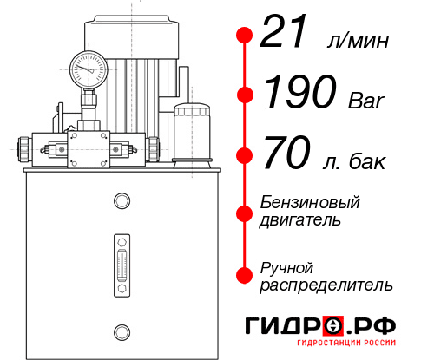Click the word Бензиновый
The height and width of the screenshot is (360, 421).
(310, 202)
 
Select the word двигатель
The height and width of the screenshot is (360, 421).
(300, 220)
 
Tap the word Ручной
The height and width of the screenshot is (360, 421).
(286, 266)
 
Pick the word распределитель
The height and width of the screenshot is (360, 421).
(326, 285)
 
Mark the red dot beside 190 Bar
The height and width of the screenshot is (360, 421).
(245, 94)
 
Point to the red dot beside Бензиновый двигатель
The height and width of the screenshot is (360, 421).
(245, 212)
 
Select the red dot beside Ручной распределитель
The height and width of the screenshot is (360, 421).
(245, 275)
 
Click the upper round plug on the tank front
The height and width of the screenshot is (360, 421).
(120, 201)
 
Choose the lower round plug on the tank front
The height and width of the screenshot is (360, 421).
(120, 330)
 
